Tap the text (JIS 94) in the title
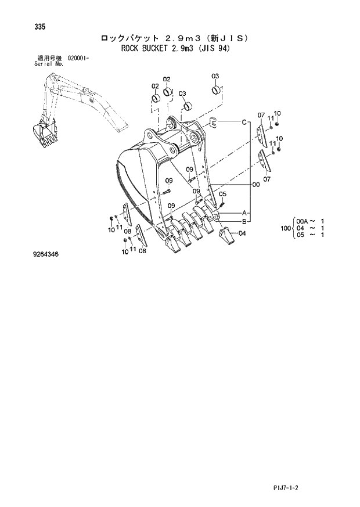(213, 49)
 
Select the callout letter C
(245, 122)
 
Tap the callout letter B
(244, 221)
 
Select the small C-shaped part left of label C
(213, 123)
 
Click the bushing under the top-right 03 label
(215, 90)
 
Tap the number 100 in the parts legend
(285, 228)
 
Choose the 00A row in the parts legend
(311, 221)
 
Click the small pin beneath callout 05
(224, 203)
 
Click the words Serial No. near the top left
(49, 63)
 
